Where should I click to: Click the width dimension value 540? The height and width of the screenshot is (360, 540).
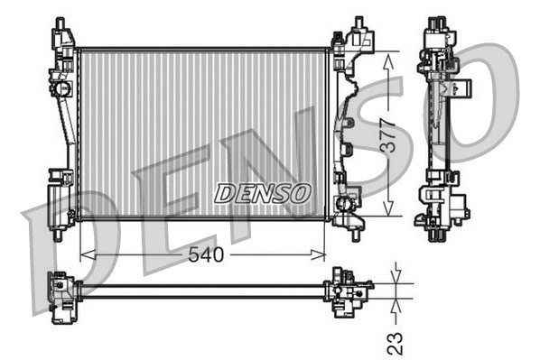point(206,255)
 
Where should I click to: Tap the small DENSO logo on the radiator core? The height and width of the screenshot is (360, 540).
point(263,193)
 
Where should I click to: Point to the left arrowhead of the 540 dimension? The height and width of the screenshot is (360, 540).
point(84,255)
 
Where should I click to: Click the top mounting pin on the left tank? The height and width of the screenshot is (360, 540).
point(60,23)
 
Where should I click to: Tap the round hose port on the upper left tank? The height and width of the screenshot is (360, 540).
point(64,89)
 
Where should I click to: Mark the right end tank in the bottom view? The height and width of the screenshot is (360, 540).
point(348,291)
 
